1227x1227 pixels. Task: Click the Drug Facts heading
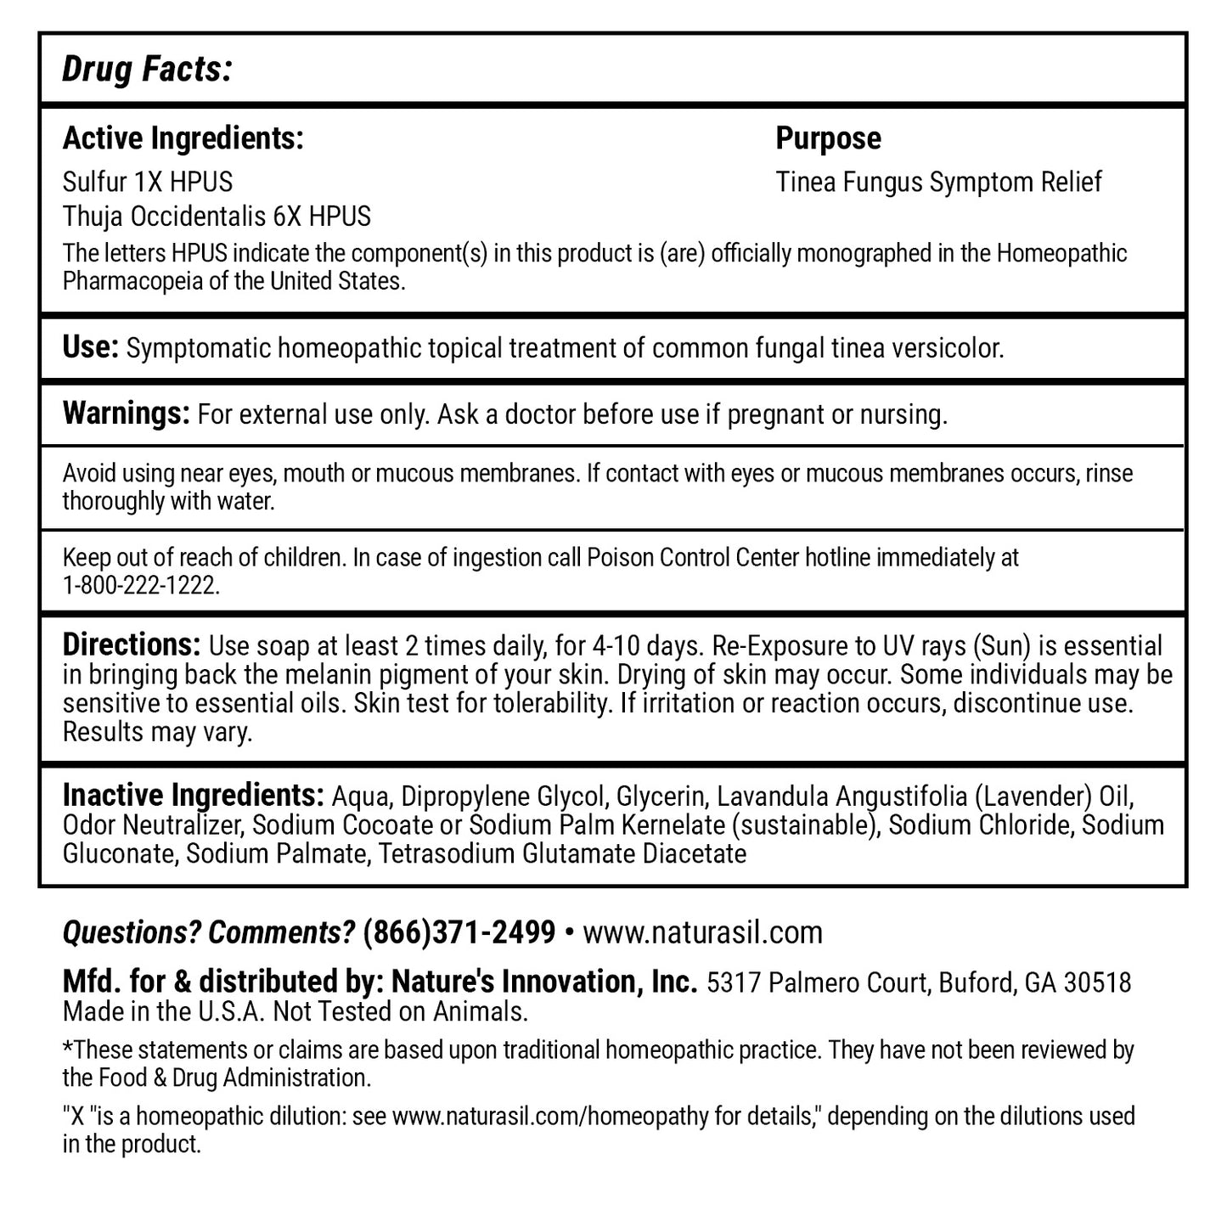coord(147,70)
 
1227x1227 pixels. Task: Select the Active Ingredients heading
coord(183,138)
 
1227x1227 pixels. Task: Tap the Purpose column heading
coord(828,138)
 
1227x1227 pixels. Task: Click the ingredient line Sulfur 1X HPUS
coord(148,182)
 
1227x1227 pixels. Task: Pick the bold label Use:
coord(91,347)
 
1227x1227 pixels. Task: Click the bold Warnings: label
coord(126,414)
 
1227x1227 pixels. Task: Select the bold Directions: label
coord(132,645)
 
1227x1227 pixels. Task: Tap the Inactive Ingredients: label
coord(193,796)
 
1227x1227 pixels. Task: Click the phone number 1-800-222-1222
coord(141,586)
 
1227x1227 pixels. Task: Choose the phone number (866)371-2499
coord(459,932)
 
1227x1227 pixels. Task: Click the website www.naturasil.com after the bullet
coord(703,932)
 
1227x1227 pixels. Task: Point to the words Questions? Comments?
coord(208,932)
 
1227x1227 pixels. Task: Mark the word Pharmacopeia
coord(132,281)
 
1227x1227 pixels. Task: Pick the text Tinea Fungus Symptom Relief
coord(938,182)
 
